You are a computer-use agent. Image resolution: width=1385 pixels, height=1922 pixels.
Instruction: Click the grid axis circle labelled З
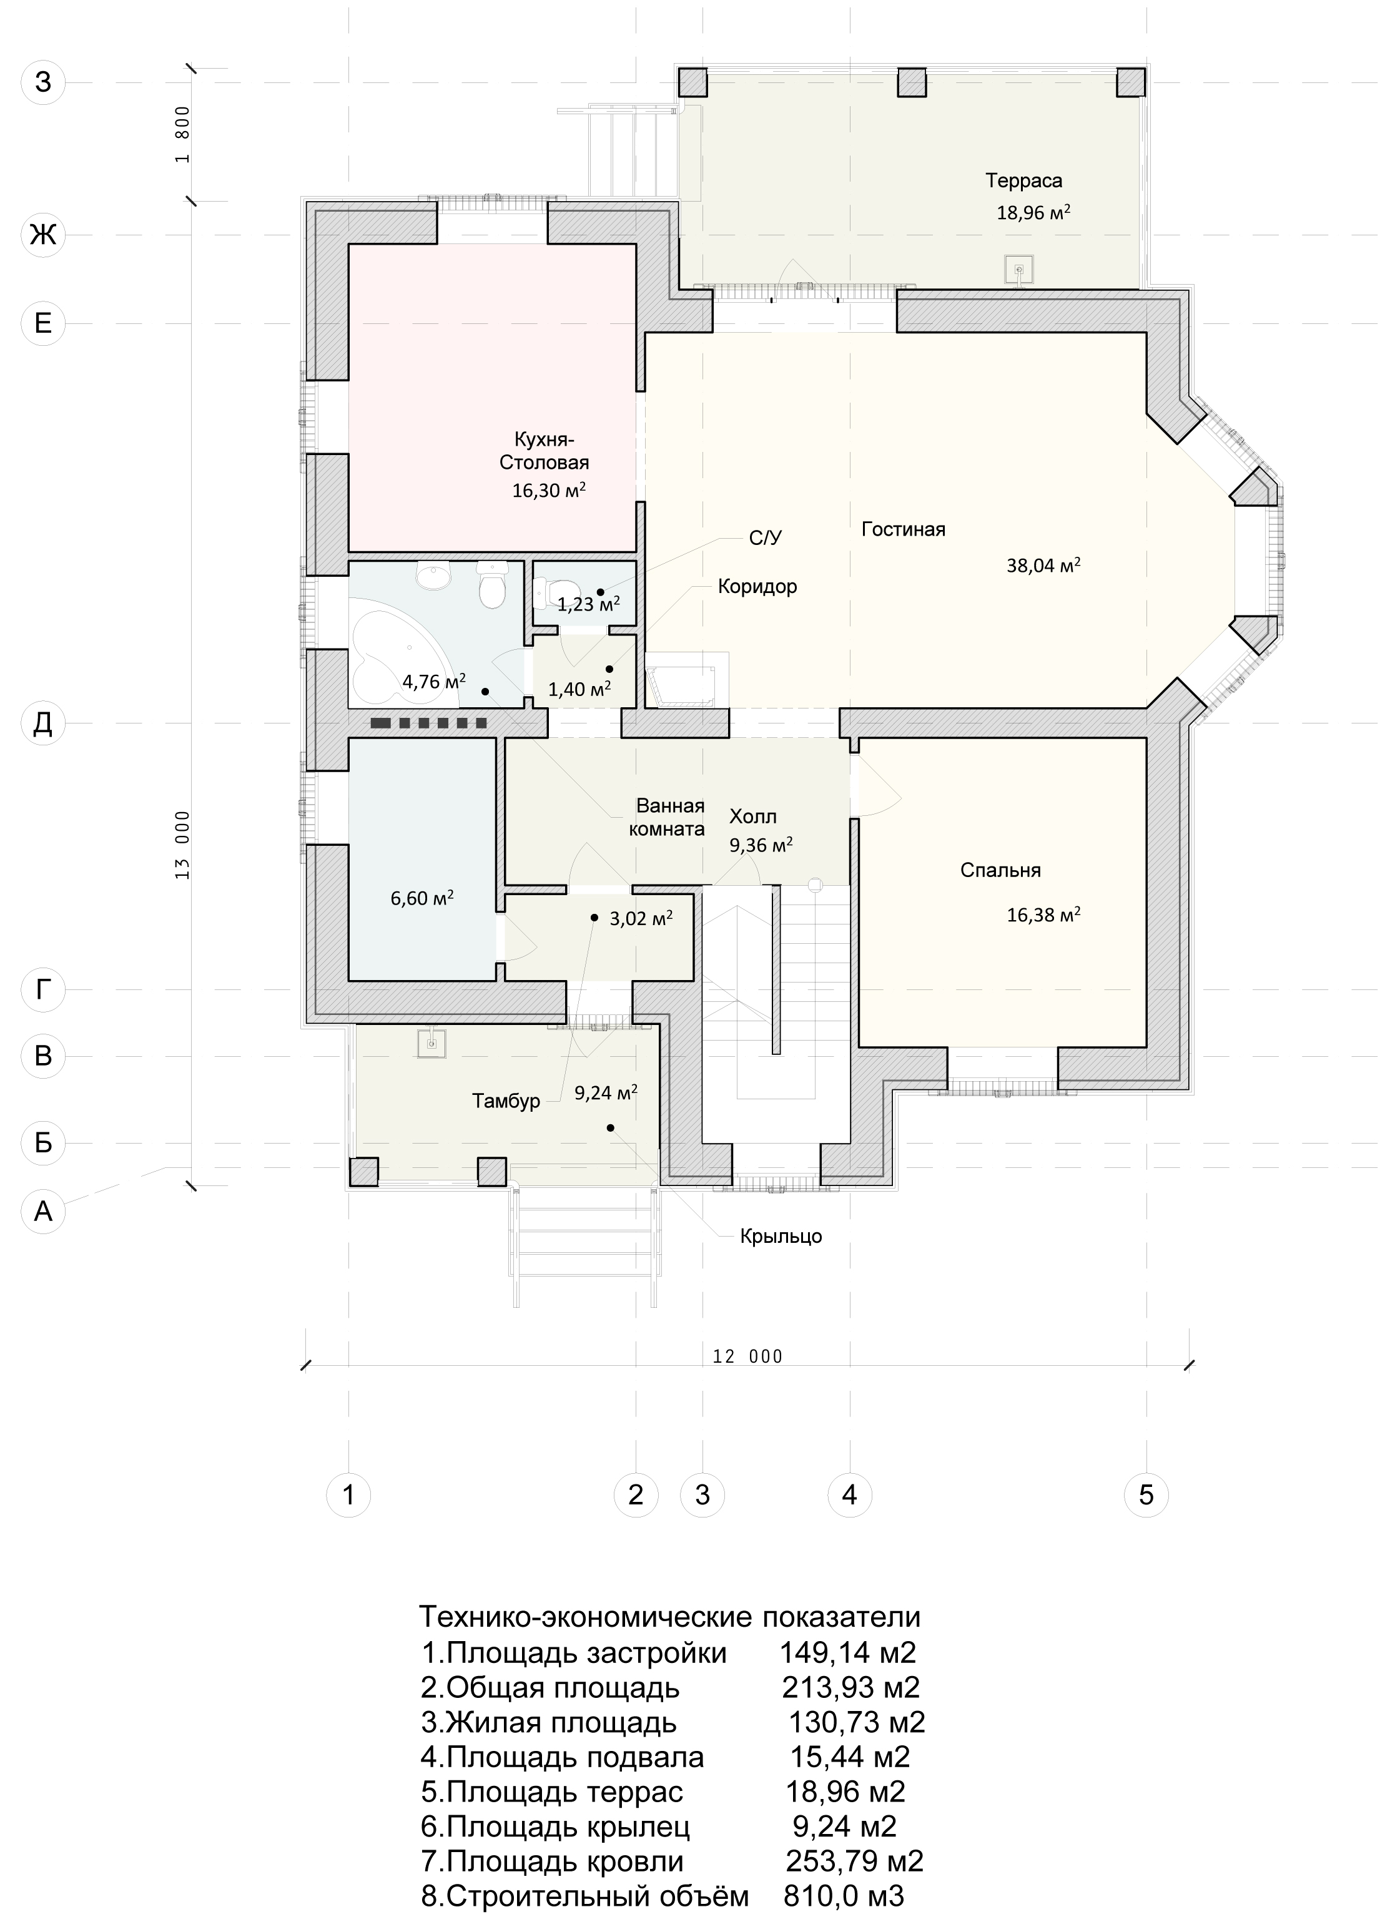(42, 82)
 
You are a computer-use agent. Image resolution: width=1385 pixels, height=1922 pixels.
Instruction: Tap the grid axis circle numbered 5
(1146, 1494)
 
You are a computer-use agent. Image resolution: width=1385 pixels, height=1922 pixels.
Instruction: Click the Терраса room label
(1023, 180)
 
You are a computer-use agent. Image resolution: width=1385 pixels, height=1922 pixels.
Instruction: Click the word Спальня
(1000, 870)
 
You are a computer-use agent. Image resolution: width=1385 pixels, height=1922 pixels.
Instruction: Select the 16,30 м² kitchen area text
(550, 490)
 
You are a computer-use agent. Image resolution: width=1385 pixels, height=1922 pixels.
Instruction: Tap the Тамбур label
(506, 1102)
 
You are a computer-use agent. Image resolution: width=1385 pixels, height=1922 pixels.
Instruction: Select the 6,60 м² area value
(421, 898)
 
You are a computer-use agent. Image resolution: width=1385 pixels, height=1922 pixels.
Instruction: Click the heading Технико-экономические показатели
(669, 1617)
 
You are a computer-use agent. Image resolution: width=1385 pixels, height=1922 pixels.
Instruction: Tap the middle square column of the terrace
(912, 82)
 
